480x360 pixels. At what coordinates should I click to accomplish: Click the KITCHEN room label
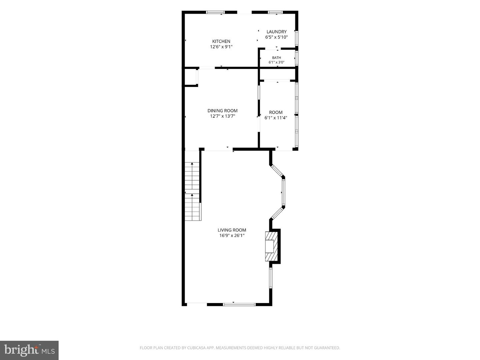[221, 41]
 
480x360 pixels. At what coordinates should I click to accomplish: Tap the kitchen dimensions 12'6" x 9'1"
[221, 47]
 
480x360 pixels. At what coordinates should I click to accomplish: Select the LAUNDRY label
[276, 32]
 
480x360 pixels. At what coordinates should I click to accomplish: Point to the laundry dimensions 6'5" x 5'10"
[276, 37]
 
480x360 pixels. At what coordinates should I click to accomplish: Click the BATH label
[276, 58]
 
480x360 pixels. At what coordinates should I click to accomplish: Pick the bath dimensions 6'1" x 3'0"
[276, 62]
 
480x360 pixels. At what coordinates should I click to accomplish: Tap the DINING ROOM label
[222, 111]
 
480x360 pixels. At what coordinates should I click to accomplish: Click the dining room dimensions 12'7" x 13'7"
[222, 116]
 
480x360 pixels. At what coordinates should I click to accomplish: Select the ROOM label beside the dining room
[276, 112]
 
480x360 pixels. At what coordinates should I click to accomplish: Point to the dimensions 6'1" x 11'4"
[276, 118]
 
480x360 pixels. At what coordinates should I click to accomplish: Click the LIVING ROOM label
[232, 230]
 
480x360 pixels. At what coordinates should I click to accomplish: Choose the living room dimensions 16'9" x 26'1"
[232, 235]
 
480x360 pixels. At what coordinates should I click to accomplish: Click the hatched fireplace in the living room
[271, 246]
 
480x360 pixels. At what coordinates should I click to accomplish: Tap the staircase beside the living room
[192, 191]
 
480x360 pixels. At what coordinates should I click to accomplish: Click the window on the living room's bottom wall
[239, 304]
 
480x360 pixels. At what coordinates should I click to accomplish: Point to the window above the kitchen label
[216, 12]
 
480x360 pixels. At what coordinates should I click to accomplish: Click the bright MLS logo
[29, 350]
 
